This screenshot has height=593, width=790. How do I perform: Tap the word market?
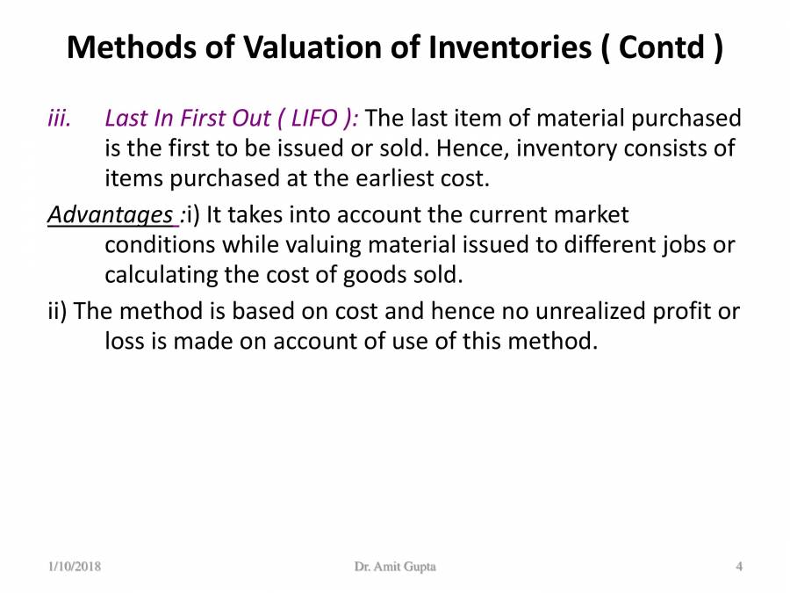coord(591,214)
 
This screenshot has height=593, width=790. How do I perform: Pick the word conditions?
coord(163,244)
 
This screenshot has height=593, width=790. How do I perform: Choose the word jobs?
coord(685,244)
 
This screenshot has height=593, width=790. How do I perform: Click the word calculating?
coord(161,275)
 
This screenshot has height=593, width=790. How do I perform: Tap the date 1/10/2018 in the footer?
coord(75,567)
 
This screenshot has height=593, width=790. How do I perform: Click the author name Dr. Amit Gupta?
coord(395,567)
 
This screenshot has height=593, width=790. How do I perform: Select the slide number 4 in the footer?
coord(739,567)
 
